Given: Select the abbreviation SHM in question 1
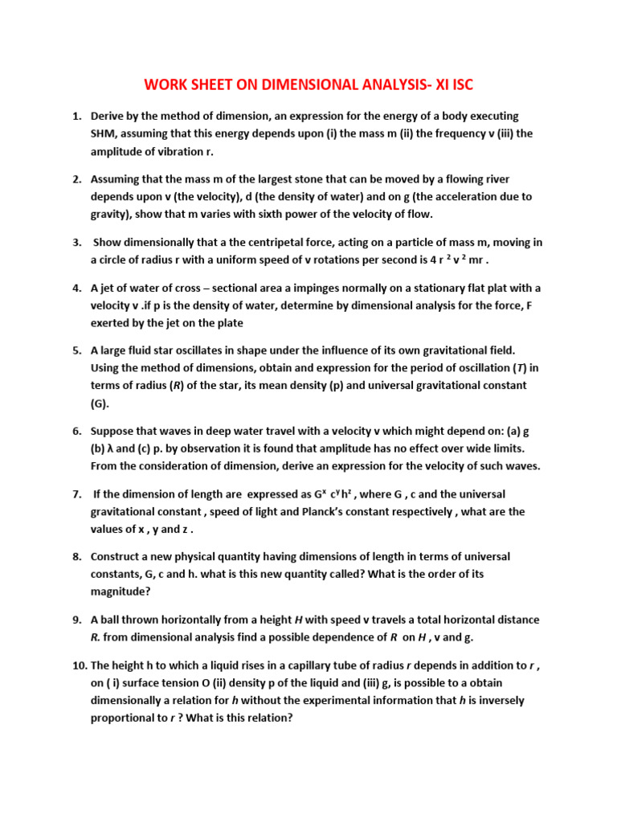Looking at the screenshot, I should coord(104,133).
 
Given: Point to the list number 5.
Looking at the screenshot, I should coord(77,350).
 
